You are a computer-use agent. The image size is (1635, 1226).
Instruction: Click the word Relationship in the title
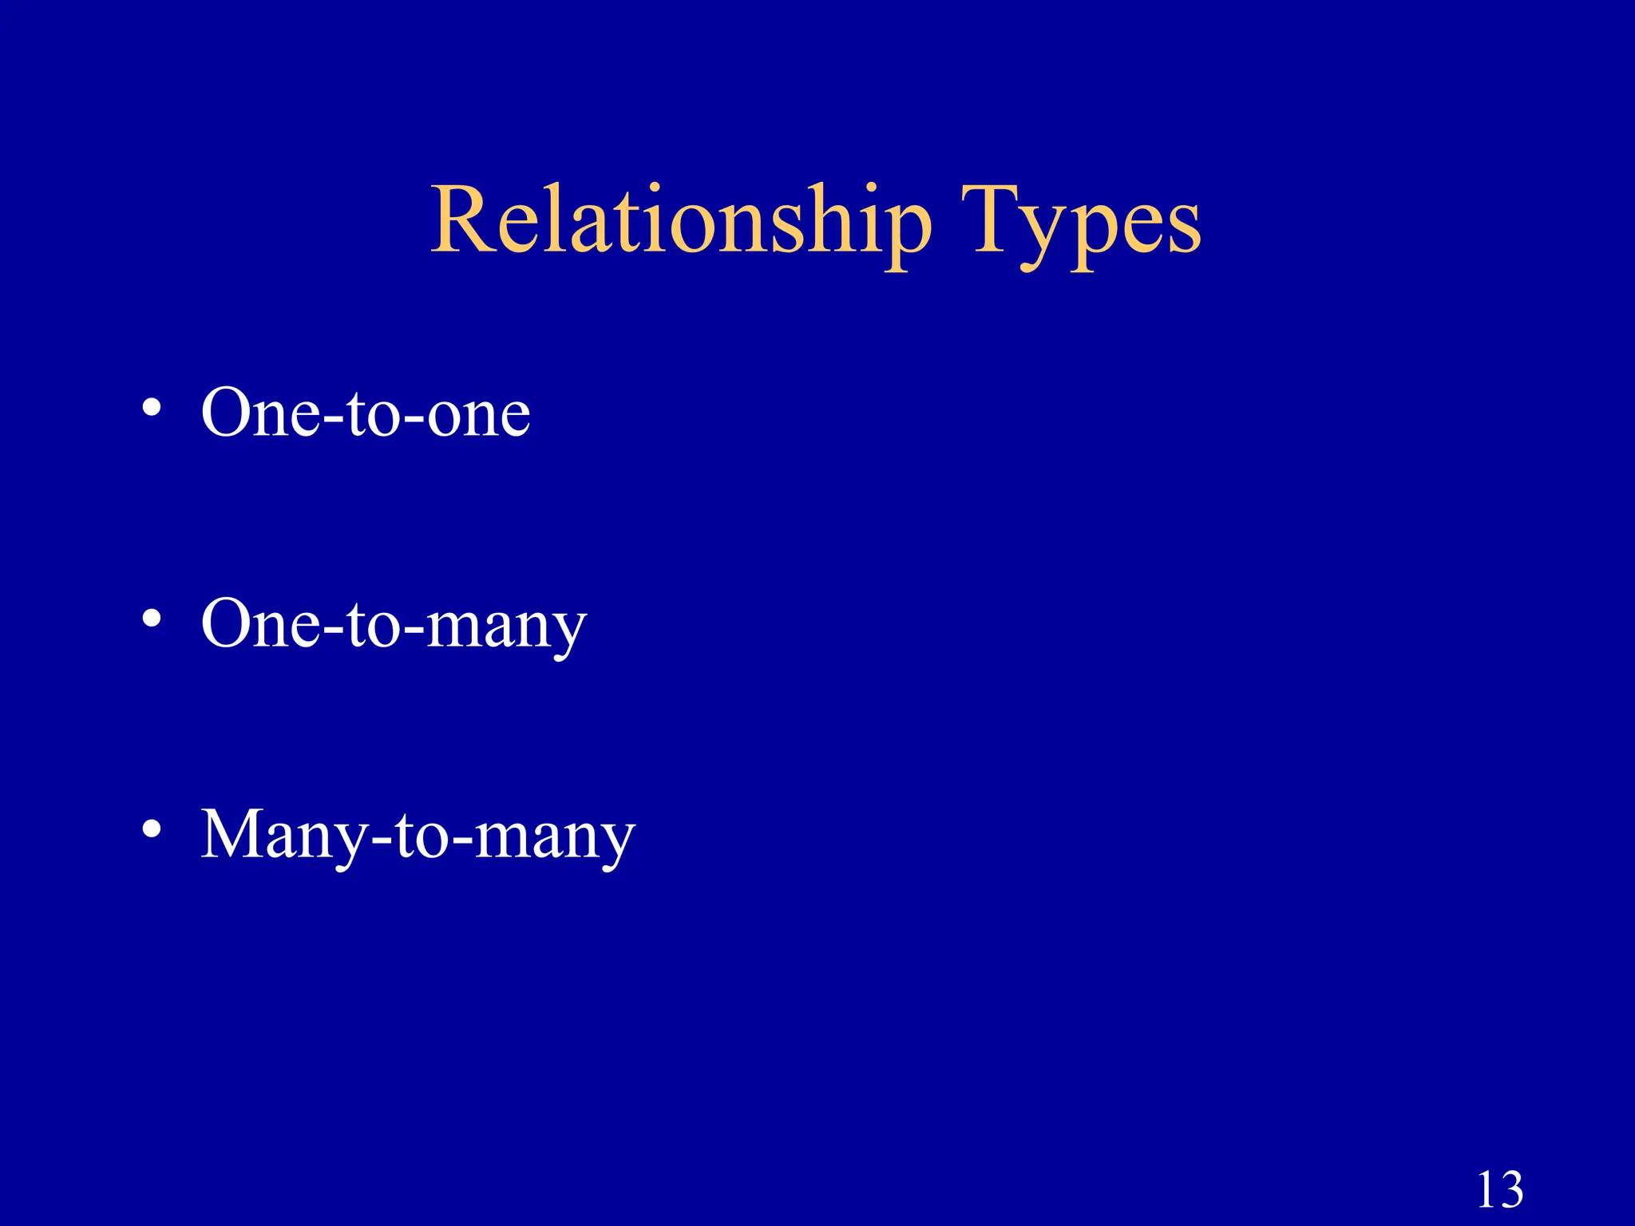point(681,221)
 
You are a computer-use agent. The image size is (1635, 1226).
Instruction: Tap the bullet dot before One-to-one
point(152,409)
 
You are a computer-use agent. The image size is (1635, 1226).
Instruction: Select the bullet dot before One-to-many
point(152,619)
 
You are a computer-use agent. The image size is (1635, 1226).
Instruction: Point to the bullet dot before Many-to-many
point(152,830)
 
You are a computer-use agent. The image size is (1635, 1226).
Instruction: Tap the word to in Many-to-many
point(422,836)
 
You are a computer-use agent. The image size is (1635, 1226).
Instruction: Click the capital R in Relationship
point(464,219)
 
